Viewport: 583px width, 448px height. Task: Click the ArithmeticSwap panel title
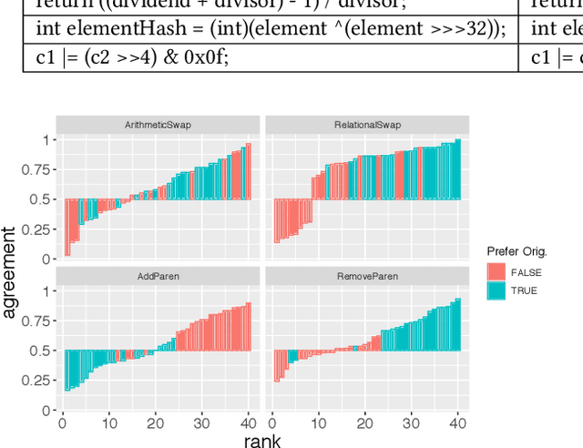pyautogui.click(x=158, y=124)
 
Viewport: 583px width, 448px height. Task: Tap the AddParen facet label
pyautogui.click(x=158, y=275)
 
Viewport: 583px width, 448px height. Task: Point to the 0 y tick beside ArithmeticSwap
pyautogui.click(x=46, y=260)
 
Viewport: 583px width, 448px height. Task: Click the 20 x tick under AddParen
pyautogui.click(x=156, y=423)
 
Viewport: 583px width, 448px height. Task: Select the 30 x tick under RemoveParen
pyautogui.click(x=412, y=423)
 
